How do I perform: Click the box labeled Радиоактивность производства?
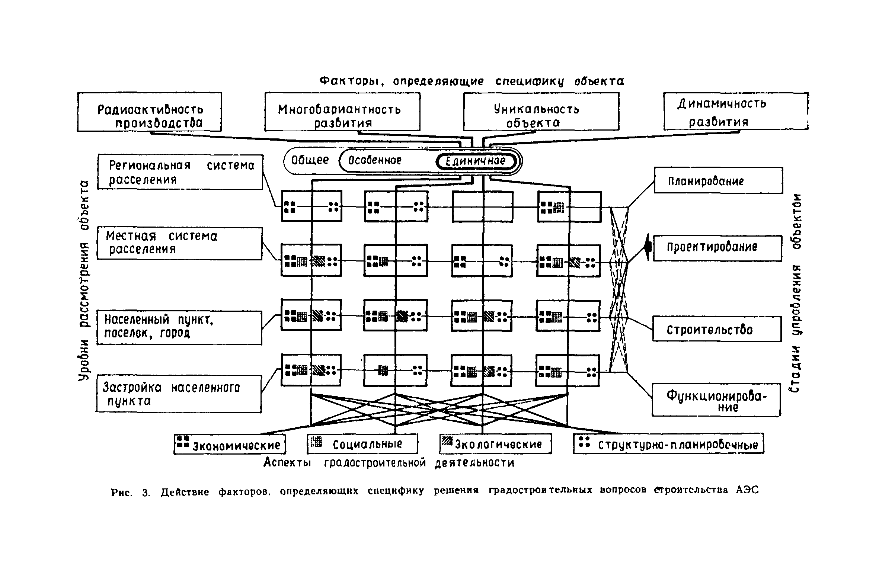click(x=150, y=112)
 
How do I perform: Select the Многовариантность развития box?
click(x=342, y=112)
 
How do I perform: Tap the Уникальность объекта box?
click(x=541, y=112)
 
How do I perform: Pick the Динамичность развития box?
click(x=736, y=112)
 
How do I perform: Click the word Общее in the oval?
click(x=310, y=160)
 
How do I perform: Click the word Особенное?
click(x=375, y=161)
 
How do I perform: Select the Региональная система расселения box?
click(x=180, y=172)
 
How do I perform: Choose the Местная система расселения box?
click(x=179, y=243)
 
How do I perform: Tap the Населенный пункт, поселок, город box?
click(x=179, y=328)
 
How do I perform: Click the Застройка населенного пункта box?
click(x=179, y=394)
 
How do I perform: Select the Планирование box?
click(x=718, y=180)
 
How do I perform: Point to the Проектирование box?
click(x=717, y=248)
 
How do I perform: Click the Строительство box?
click(x=717, y=329)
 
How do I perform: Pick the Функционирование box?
click(x=716, y=400)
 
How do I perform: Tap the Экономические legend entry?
click(x=230, y=444)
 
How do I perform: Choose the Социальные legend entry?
click(x=362, y=444)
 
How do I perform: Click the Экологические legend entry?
click(x=495, y=444)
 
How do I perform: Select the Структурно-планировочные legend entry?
click(x=668, y=444)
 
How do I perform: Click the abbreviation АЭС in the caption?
click(x=746, y=490)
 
